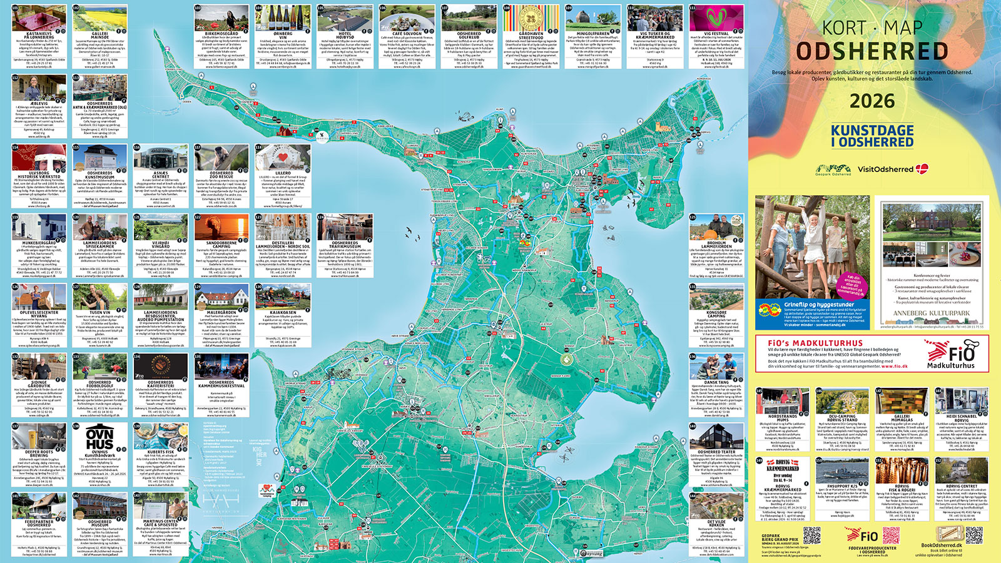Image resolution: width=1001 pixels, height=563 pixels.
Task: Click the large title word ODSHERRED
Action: (872, 51)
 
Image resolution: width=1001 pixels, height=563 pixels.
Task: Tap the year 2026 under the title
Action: (872, 101)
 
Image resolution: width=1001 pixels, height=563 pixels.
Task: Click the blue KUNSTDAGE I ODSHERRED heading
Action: (872, 136)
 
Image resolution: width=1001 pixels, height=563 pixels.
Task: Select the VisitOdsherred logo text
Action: (885, 169)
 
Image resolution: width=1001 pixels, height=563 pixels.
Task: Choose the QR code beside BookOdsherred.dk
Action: (973, 535)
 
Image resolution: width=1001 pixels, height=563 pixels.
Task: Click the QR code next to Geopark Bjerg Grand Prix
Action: (811, 535)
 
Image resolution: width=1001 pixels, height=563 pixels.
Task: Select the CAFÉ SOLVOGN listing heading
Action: (407, 33)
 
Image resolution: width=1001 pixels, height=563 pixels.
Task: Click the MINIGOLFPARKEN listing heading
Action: (592, 33)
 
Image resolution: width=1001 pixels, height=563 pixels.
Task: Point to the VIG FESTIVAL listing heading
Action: (716, 33)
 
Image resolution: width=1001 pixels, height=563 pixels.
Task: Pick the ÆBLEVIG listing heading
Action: (39, 103)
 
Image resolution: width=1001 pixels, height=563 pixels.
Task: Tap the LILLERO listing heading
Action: (283, 173)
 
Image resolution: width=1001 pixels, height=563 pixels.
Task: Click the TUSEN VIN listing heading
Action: (99, 312)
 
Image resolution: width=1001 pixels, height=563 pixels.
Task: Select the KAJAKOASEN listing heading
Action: (283, 312)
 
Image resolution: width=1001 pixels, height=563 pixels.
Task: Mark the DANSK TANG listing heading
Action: (716, 382)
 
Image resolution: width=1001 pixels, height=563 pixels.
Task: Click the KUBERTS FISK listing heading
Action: (161, 452)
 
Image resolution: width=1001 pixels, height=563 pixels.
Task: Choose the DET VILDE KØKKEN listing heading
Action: (716, 523)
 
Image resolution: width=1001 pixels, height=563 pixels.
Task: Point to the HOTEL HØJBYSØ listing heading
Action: (345, 35)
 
